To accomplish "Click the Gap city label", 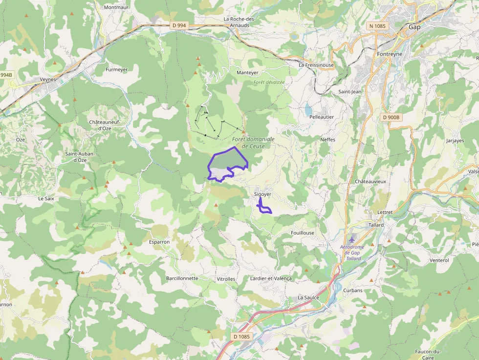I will click(x=414, y=27).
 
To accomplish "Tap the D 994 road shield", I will click(x=179, y=25).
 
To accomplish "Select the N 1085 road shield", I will click(x=377, y=25).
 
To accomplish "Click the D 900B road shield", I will click(x=391, y=117).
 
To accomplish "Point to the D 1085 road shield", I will click(x=241, y=337).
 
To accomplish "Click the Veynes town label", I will click(x=48, y=79).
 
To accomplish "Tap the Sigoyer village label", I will click(x=262, y=194).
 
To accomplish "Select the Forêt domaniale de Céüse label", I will click(x=253, y=143).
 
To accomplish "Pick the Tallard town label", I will click(x=376, y=225).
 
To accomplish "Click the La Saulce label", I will click(x=308, y=297).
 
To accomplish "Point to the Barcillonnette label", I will click(x=182, y=278).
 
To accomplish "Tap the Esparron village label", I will click(x=159, y=242).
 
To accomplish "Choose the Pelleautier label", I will click(x=322, y=117).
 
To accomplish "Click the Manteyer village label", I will click(x=247, y=73).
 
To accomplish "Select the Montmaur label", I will click(x=116, y=7).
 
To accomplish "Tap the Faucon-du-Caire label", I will click(x=428, y=354).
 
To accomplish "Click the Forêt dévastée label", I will click(x=269, y=82).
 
